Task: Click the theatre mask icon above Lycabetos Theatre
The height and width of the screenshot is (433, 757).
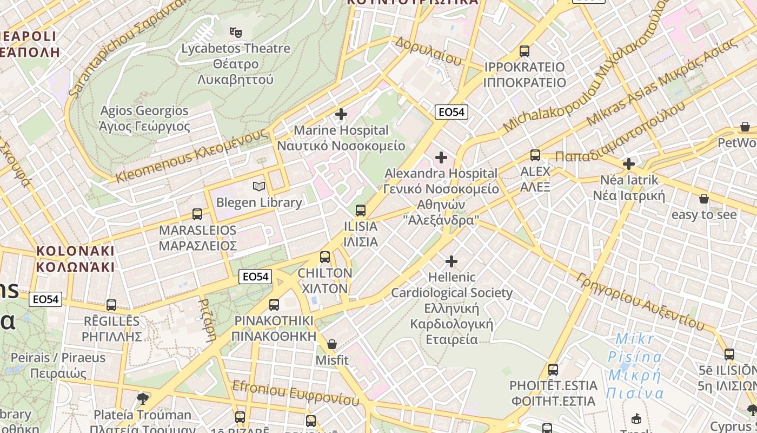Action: click(x=235, y=32)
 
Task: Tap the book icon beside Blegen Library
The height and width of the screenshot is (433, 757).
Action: click(x=259, y=187)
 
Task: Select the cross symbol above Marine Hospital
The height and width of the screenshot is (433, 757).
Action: click(x=341, y=114)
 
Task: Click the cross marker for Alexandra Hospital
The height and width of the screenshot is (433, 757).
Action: click(x=441, y=158)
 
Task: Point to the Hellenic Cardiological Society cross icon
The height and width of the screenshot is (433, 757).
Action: click(x=451, y=261)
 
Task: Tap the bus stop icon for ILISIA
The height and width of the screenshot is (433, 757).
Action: click(x=361, y=210)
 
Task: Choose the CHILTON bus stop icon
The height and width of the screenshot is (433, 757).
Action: click(x=325, y=257)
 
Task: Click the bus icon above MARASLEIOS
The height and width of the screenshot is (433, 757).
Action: click(x=197, y=214)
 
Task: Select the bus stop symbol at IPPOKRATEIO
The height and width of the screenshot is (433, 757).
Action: click(x=524, y=51)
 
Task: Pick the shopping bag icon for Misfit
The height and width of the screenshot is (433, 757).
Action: click(x=332, y=344)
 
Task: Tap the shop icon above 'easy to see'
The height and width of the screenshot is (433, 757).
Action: click(x=703, y=199)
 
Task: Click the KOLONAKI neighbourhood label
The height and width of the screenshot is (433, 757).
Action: click(x=75, y=259)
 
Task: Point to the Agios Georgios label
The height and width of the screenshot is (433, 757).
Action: click(x=144, y=119)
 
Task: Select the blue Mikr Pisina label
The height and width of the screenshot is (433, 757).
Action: click(x=635, y=366)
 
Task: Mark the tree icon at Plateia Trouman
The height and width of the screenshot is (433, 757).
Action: click(x=143, y=399)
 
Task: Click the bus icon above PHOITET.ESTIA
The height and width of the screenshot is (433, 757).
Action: click(x=553, y=370)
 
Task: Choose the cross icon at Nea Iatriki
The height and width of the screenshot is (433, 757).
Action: click(x=628, y=163)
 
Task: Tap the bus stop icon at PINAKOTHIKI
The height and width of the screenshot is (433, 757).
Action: click(x=274, y=305)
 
